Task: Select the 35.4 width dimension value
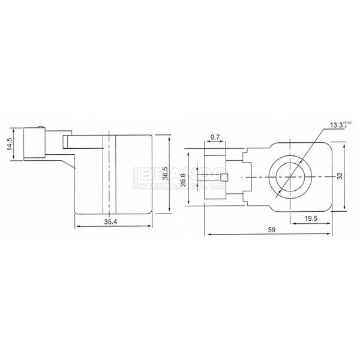pos(110,222)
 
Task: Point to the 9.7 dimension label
pos(214,138)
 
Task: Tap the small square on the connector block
pos(224,177)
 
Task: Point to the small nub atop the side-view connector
pos(40,127)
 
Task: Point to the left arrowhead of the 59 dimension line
pos(208,234)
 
